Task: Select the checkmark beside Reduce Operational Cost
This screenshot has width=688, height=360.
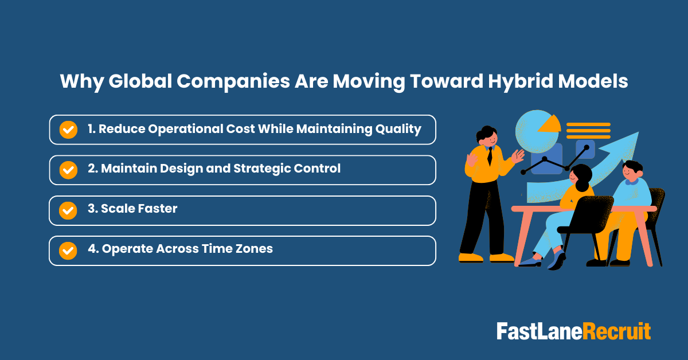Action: pyautogui.click(x=68, y=130)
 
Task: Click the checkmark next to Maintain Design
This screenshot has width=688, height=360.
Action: pyautogui.click(x=68, y=170)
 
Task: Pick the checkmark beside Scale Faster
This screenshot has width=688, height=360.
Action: pyautogui.click(x=68, y=210)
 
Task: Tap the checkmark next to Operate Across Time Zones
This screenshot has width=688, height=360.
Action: pyautogui.click(x=68, y=251)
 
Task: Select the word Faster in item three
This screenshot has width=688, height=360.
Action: pyautogui.click(x=157, y=209)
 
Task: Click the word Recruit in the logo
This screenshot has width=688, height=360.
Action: pyautogui.click(x=617, y=332)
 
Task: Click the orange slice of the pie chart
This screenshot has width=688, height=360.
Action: pyautogui.click(x=551, y=123)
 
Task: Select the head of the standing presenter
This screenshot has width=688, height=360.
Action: pyautogui.click(x=486, y=136)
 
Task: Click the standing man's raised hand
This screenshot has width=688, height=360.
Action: pyautogui.click(x=519, y=156)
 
